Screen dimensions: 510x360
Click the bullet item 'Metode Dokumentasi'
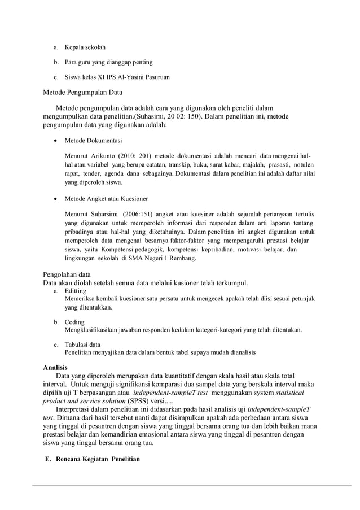coord(93,140)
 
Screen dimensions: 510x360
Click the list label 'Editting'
coord(76,290)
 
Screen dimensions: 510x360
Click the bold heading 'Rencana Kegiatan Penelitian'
coord(98,460)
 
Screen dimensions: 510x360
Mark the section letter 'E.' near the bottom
coord(49,460)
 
